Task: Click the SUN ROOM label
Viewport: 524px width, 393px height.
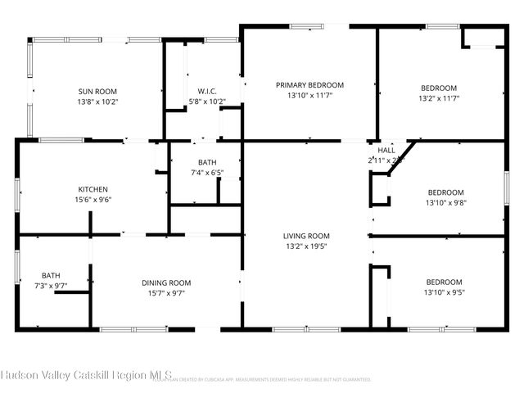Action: click(97, 91)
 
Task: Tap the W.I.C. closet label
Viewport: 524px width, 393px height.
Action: click(206, 91)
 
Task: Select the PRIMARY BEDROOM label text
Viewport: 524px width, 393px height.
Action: click(309, 85)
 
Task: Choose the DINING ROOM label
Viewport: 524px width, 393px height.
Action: click(166, 283)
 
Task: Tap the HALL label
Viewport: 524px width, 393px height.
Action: click(386, 151)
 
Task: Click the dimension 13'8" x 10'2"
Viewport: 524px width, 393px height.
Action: click(97, 102)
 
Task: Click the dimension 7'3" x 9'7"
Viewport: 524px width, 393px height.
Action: click(51, 286)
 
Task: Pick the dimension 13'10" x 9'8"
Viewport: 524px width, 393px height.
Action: click(445, 203)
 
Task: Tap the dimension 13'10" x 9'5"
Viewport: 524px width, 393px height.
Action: click(443, 292)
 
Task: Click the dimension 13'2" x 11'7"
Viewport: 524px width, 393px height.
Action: click(439, 98)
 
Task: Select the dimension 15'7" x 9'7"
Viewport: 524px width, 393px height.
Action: click(166, 293)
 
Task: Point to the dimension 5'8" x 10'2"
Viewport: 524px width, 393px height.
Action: click(206, 102)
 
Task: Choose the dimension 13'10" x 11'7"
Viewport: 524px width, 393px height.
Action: click(309, 96)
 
